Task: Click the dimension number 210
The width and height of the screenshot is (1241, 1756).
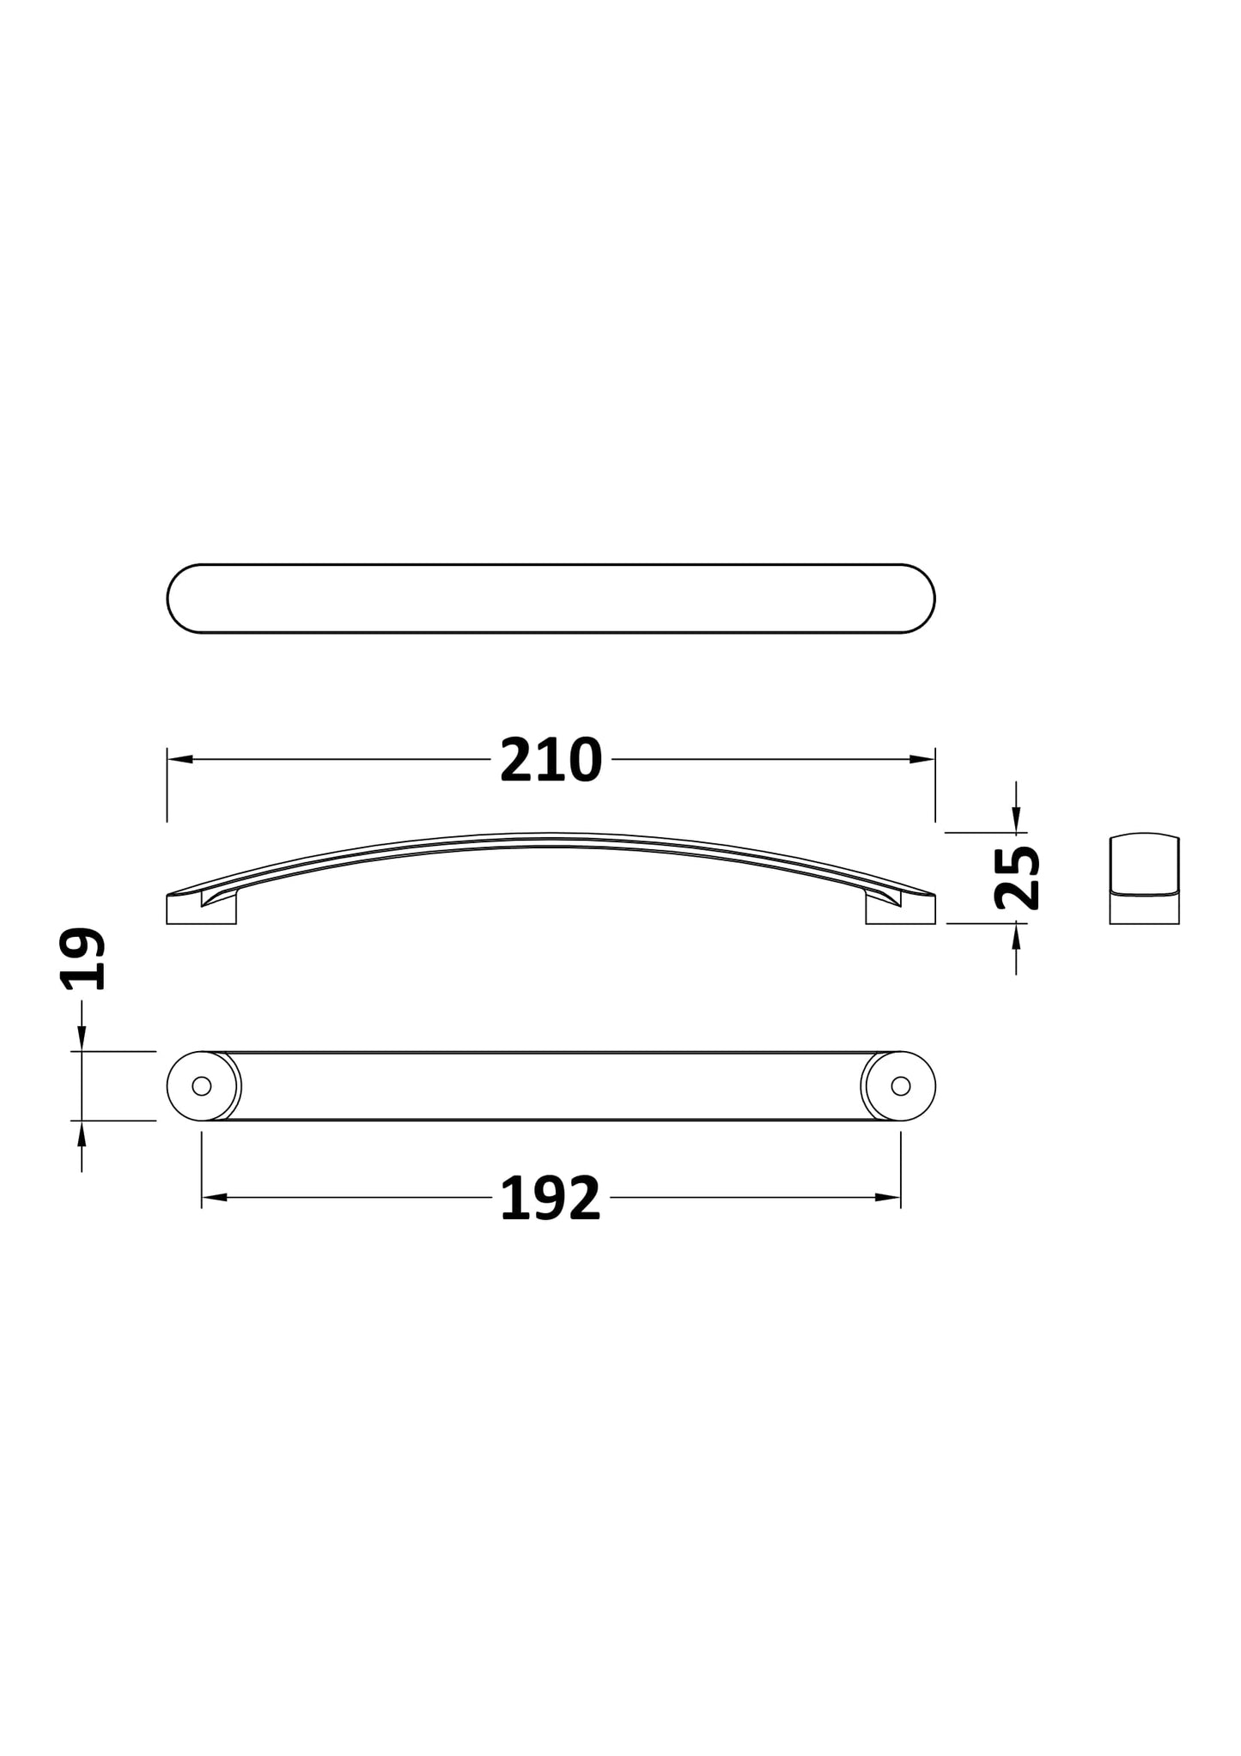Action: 551,761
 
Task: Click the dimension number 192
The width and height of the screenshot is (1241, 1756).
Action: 550,1199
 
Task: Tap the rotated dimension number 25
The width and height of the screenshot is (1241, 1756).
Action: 1017,878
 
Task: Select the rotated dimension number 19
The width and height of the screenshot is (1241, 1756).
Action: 83,959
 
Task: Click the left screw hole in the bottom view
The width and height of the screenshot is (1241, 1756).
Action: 202,1086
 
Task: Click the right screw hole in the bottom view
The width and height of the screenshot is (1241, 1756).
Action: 900,1086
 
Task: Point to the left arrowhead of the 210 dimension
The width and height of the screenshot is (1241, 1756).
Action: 179,759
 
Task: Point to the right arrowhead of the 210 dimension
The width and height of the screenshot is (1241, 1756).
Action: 923,759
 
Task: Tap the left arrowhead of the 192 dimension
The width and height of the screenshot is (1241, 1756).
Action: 213,1197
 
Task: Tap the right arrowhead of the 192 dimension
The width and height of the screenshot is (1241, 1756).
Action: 888,1197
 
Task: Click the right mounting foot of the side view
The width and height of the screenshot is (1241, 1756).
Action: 900,912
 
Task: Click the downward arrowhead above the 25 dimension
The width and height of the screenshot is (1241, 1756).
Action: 1016,822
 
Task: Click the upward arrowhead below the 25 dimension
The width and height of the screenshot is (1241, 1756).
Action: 1016,934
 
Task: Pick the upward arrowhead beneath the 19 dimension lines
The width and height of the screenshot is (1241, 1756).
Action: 82,1133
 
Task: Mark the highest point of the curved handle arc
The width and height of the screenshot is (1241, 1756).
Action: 551,834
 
